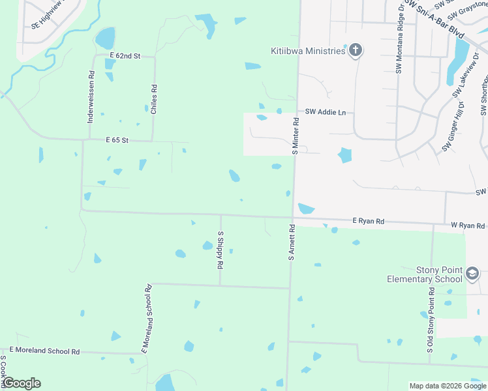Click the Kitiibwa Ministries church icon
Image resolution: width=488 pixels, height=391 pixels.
point(356,51)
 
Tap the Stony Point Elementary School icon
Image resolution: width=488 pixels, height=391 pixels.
point(472,275)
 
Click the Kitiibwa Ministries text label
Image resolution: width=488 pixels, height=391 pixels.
point(307,51)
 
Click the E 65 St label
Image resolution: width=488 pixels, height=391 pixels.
point(117,140)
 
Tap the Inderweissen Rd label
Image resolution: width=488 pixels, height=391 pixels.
point(91,97)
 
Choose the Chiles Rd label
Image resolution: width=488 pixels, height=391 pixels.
point(154,100)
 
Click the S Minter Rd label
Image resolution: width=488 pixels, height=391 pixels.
point(296,136)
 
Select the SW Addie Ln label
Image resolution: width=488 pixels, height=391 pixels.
point(325,113)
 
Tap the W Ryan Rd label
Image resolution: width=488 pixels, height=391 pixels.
point(468,225)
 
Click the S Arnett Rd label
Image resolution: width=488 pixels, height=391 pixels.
point(292,242)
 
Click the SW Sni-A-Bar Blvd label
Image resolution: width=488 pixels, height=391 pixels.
point(434,18)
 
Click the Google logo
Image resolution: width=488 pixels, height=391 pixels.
point(22,383)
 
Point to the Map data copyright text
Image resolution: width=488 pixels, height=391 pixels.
point(448,386)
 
